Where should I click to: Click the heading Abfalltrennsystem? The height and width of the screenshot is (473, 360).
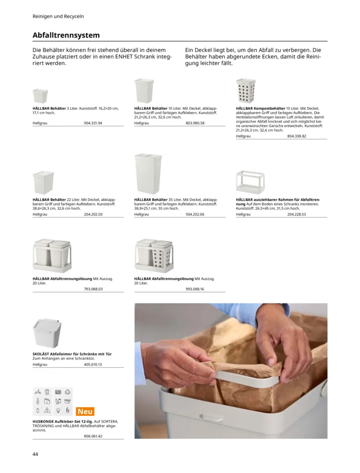click(66, 35)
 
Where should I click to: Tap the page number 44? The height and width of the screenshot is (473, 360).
click(36, 454)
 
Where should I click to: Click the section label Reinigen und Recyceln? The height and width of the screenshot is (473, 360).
click(58, 16)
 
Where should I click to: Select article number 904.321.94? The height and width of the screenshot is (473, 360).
click(93, 123)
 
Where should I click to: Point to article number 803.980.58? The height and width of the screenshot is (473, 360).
click(195, 123)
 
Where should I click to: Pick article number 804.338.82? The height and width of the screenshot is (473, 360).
click(297, 136)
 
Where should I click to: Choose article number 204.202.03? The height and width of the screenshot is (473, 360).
click(93, 215)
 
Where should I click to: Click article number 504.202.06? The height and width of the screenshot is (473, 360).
click(195, 215)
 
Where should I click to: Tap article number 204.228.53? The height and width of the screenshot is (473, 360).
click(297, 215)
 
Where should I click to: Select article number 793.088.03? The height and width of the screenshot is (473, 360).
click(93, 289)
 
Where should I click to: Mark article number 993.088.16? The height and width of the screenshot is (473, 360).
click(195, 289)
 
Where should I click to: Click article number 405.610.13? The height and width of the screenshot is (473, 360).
click(93, 365)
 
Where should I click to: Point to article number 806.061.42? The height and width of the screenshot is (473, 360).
click(93, 436)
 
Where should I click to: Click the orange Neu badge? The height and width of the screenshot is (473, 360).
click(85, 411)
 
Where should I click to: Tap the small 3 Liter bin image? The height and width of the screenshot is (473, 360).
click(40, 96)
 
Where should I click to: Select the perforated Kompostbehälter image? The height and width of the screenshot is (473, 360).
click(246, 91)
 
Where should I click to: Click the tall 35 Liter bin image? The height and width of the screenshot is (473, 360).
click(148, 174)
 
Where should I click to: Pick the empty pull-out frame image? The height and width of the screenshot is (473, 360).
click(250, 182)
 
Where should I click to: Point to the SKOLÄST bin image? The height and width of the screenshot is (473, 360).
click(47, 333)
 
